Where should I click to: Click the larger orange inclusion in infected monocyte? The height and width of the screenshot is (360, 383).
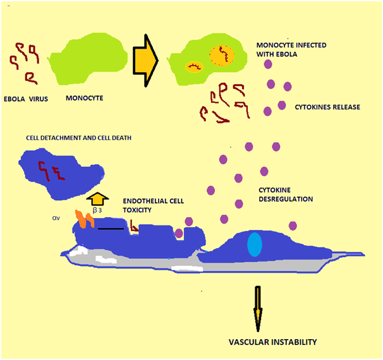pos(222,55)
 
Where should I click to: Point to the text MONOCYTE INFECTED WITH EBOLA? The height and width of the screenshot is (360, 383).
pos(286,50)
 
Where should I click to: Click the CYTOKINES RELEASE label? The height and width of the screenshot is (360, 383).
pos(327,107)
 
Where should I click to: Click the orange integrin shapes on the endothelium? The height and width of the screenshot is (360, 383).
pos(85,219)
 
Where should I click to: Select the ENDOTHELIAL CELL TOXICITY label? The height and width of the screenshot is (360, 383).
pos(143,205)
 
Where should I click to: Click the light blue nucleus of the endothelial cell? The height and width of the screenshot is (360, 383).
pos(254,245)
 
